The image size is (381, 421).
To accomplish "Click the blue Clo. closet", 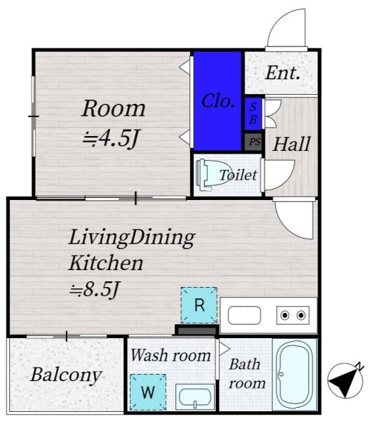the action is point(218,101).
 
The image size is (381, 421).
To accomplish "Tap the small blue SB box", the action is point(253,114).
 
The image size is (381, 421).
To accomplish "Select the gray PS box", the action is point(253,142).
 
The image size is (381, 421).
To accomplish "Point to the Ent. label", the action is point(282,73).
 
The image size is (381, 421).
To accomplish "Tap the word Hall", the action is point(291,144).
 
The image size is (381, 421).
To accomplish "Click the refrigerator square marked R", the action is point(199,305).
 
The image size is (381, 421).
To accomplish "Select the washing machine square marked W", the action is point(148,392).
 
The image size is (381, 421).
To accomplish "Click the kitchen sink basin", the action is point(244,315).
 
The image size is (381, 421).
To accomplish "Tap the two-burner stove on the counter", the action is point(293,315).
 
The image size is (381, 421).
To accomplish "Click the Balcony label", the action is point(66,375).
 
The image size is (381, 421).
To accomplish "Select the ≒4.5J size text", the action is point(110,138).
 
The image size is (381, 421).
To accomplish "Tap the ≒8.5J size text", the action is point(94,289).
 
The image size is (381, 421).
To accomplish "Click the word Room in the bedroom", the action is point(113,109).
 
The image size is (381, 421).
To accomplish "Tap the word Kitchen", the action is point(106,263).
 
